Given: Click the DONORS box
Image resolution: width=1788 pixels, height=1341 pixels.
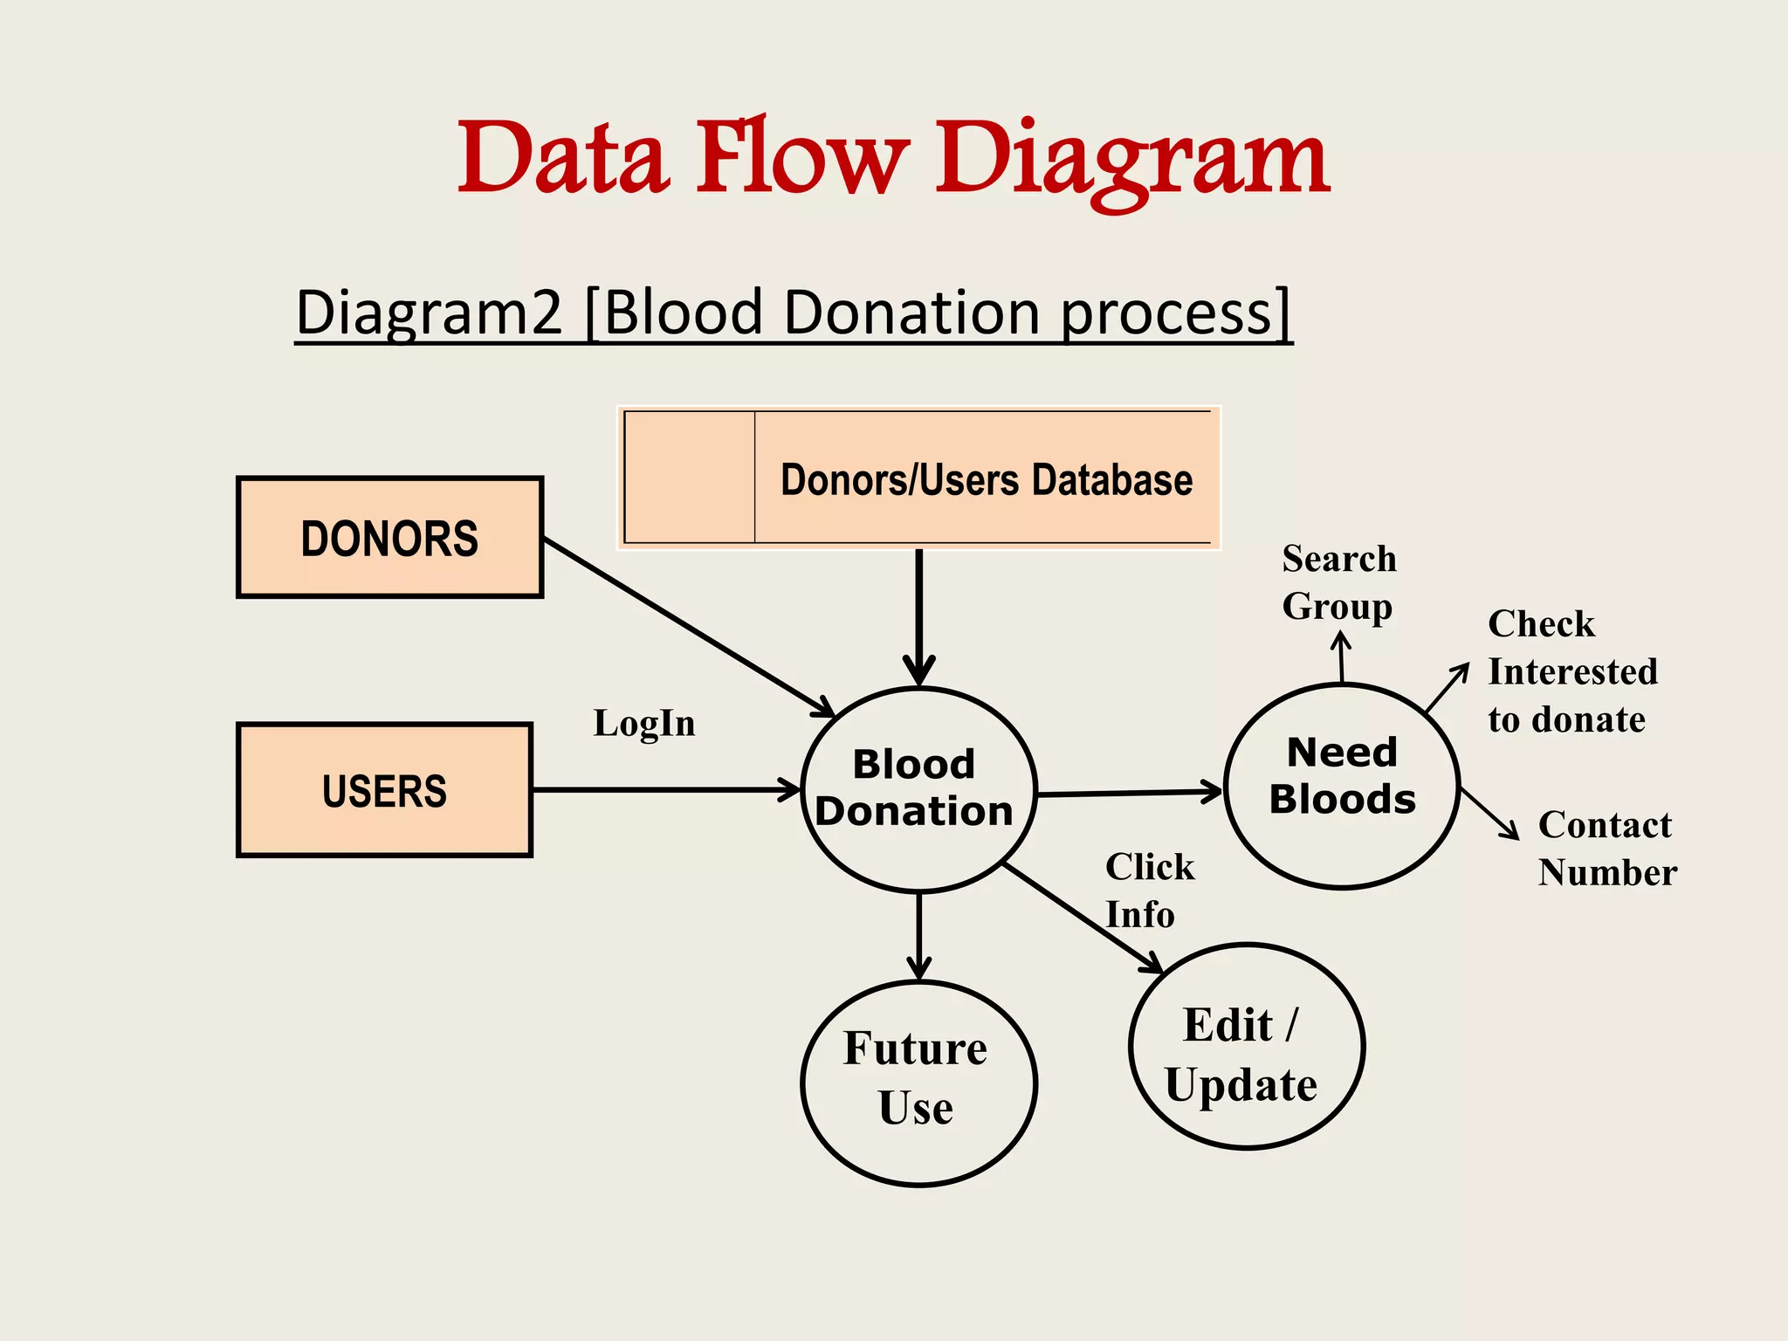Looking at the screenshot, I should click(x=389, y=537).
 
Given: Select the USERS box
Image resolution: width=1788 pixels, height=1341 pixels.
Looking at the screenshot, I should click(x=384, y=790).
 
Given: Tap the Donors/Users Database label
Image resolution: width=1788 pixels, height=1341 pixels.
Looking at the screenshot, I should click(x=987, y=480).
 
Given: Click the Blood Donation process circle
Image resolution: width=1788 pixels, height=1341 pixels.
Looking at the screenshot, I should click(x=917, y=788).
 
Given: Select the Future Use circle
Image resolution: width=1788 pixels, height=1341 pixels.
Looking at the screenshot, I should click(x=917, y=1081).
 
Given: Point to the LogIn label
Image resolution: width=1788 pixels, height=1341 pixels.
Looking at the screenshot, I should click(x=644, y=724).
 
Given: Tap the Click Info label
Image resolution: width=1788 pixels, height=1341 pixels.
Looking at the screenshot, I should click(x=1148, y=891).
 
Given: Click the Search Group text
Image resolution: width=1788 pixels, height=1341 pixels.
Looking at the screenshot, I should click(x=1338, y=582).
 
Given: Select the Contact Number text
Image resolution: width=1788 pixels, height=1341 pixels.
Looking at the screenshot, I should click(x=1606, y=849).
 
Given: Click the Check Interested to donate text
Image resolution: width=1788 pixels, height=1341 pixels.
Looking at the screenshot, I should click(x=1571, y=672).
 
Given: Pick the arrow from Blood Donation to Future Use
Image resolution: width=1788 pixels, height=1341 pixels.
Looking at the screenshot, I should click(x=918, y=934).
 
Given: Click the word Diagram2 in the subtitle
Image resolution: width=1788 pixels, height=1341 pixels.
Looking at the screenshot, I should click(x=430, y=313).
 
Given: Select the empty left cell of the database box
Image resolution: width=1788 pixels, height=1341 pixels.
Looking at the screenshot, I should click(x=690, y=478).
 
